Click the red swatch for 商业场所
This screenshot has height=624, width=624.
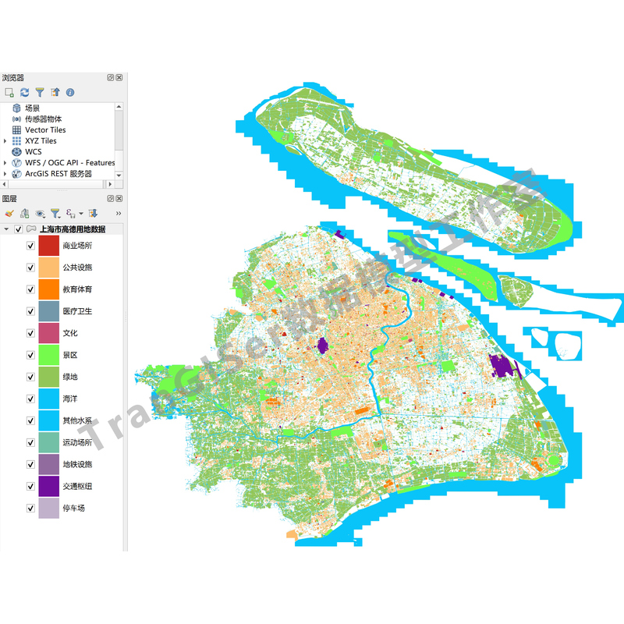[x=49, y=245]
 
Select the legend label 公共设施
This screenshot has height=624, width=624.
[x=77, y=267]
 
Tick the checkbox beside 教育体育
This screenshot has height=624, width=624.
[x=30, y=289]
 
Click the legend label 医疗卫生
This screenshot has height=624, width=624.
[x=77, y=310]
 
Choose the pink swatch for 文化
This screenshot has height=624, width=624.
[x=49, y=332]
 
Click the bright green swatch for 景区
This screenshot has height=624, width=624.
[x=49, y=354]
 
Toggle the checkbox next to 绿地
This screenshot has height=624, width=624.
[x=30, y=376]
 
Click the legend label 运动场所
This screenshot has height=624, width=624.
[x=77, y=441]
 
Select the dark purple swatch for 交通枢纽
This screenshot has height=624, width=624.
[x=49, y=485]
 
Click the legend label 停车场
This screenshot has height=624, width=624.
[x=73, y=507]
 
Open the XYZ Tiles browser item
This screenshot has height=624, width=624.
[x=41, y=141]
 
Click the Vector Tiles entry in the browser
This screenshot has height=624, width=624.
[x=45, y=130]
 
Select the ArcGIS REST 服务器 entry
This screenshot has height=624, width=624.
[x=58, y=174]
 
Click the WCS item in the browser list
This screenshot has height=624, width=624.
[x=34, y=152]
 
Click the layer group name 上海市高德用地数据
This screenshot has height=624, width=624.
[x=73, y=229]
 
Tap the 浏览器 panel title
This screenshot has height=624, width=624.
[x=13, y=78]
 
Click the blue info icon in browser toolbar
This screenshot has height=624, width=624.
[x=70, y=92]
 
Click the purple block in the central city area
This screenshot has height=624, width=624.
[x=323, y=346]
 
